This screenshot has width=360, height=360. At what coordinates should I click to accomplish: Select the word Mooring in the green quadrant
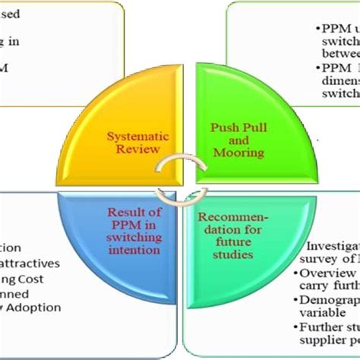tap(237, 152)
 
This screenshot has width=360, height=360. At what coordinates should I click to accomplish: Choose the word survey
tap(326, 258)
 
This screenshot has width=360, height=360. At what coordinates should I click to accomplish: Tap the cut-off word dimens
tap(341, 84)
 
